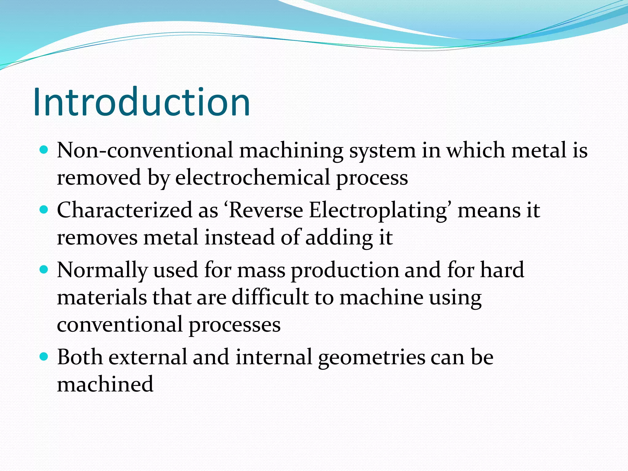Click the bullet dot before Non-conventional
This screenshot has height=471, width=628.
click(x=44, y=150)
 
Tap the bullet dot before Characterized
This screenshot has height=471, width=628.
click(x=44, y=210)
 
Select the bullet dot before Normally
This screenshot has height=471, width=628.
click(x=44, y=270)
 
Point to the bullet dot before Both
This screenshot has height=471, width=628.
click(x=44, y=357)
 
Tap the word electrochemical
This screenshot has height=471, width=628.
click(x=252, y=178)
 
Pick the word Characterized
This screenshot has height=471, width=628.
click(x=124, y=210)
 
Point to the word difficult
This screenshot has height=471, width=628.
click(x=270, y=297)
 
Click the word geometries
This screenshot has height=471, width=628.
click(x=372, y=358)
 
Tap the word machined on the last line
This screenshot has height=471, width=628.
click(x=105, y=384)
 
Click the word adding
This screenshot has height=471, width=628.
click(x=339, y=238)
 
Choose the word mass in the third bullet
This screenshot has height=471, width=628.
click(x=261, y=270)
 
